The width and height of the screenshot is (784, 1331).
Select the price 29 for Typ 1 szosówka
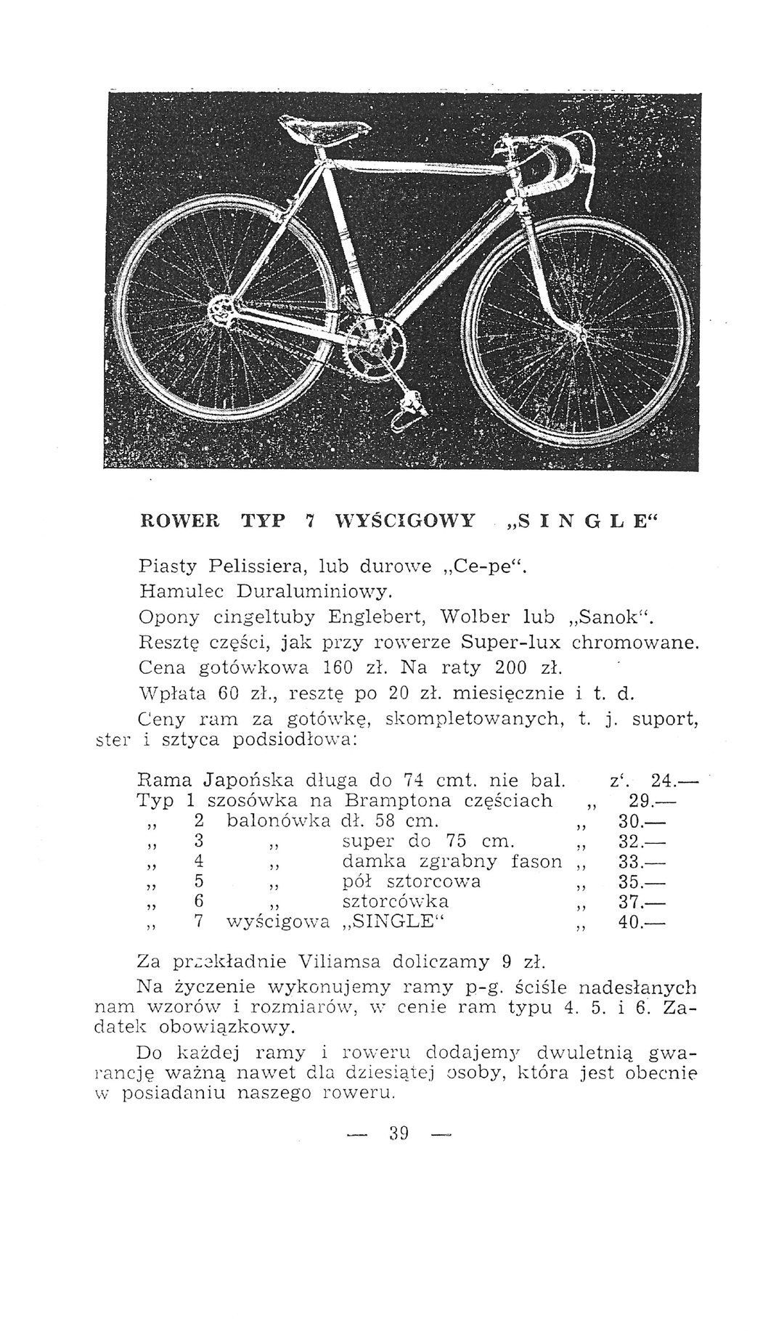click(638, 802)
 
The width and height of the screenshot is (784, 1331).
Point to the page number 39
click(399, 1133)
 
